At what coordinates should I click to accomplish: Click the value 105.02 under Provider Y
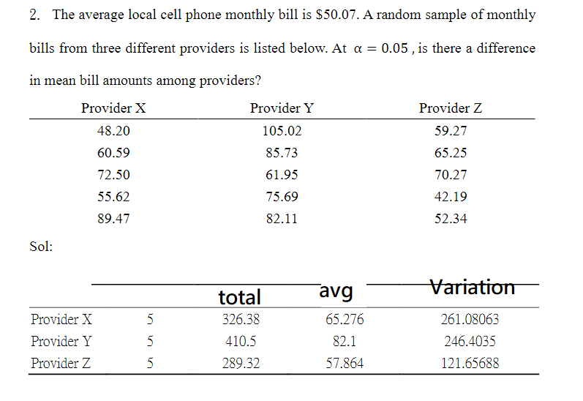(282, 132)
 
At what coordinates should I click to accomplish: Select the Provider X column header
(113, 108)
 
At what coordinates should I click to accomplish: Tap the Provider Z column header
(451, 108)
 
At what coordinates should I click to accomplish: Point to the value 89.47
(113, 219)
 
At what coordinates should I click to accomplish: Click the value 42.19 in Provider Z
(451, 197)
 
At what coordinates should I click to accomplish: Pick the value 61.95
(282, 175)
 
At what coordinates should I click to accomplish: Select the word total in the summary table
(240, 297)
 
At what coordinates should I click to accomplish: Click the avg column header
(336, 291)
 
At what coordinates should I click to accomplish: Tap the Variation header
(472, 287)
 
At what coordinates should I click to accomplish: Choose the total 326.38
(241, 320)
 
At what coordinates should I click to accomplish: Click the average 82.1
(345, 342)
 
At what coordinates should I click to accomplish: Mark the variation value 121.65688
(470, 364)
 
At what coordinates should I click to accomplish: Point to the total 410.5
(241, 342)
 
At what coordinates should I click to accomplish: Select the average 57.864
(345, 364)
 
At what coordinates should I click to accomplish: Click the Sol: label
(41, 247)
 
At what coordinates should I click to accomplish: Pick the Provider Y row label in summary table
(61, 342)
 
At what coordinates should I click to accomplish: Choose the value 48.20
(113, 132)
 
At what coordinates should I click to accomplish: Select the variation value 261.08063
(470, 320)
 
